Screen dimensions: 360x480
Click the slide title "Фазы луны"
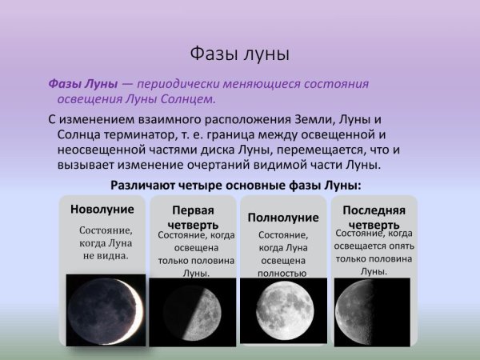pos(239,54)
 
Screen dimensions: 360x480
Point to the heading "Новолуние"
pos(102,210)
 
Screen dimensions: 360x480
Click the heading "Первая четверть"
pos(193,216)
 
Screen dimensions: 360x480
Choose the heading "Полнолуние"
pos(283,217)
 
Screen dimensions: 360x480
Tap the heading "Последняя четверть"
pos(374,216)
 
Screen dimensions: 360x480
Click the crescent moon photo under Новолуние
pos(105,310)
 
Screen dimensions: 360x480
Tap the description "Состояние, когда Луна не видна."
pos(105,243)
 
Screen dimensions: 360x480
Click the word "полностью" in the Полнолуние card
pos(282,273)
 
